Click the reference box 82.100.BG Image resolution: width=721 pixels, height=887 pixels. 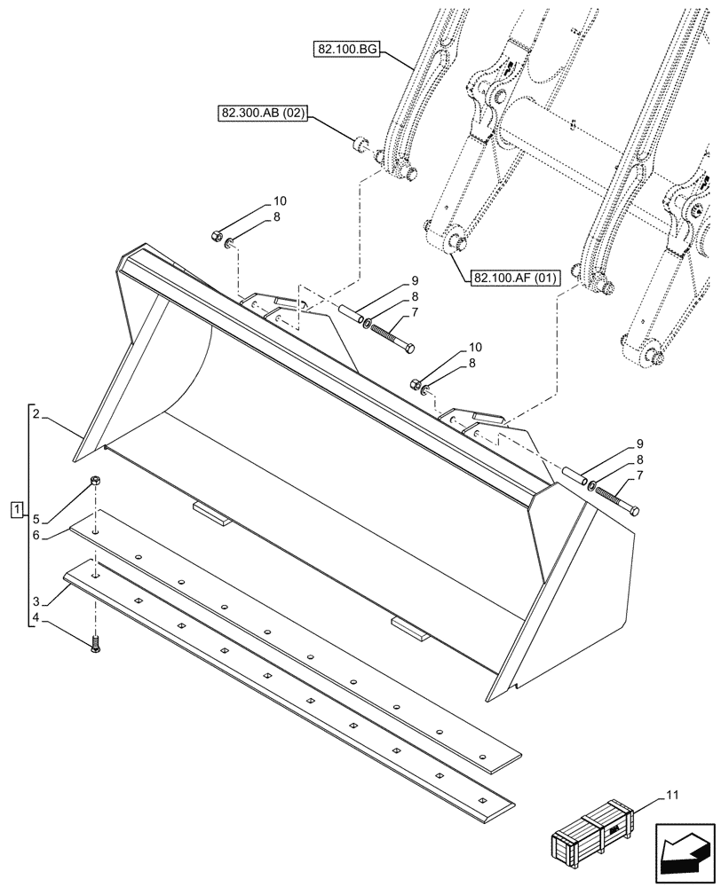[x=346, y=50]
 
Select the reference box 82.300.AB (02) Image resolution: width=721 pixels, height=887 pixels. [x=262, y=114]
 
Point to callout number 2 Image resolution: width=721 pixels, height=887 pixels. [x=36, y=413]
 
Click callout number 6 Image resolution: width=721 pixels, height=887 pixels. [x=36, y=535]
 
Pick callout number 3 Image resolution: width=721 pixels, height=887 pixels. [x=36, y=600]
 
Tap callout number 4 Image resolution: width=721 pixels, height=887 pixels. [x=36, y=617]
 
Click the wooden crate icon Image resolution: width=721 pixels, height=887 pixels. [x=593, y=832]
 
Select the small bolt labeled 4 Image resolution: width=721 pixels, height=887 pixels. [x=95, y=646]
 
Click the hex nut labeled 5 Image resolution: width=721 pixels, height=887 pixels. [x=94, y=481]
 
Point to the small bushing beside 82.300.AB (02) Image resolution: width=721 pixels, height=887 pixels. [x=360, y=143]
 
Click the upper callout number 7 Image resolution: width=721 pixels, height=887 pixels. [x=415, y=312]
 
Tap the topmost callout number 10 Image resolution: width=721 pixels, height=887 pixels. [x=280, y=200]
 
